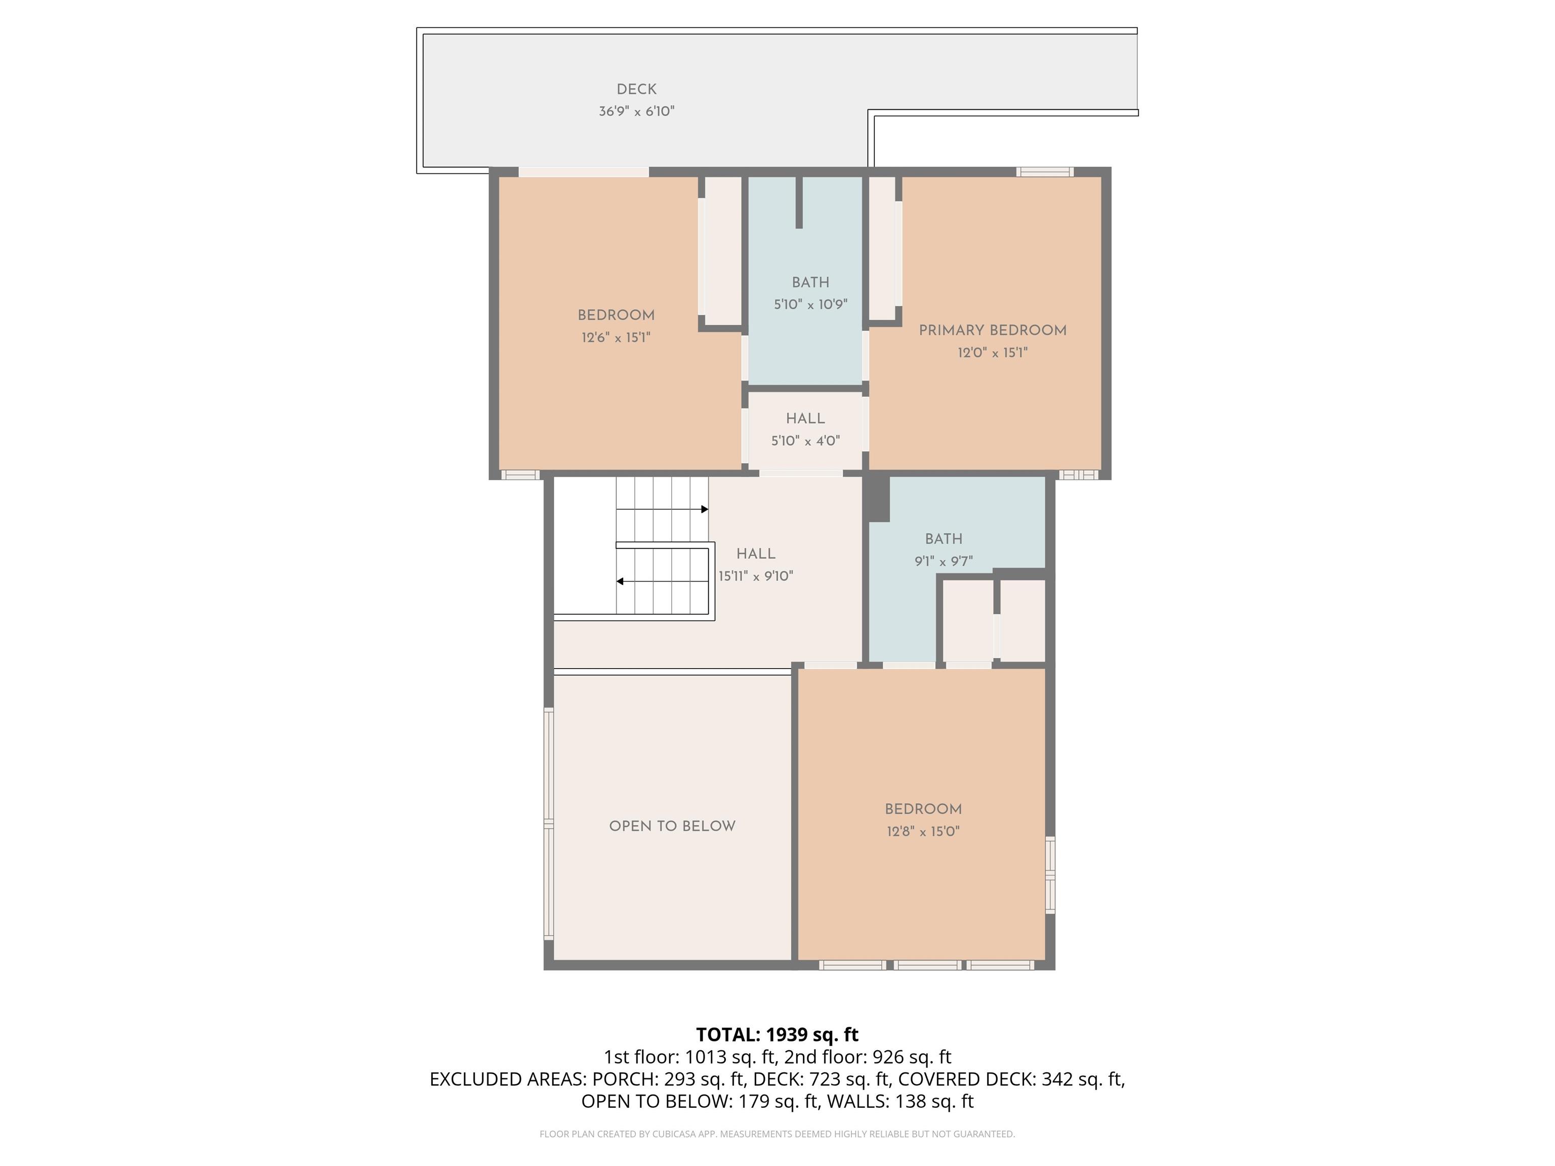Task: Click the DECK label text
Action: tap(636, 89)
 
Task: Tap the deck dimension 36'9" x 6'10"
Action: tap(636, 111)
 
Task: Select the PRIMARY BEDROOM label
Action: tap(993, 330)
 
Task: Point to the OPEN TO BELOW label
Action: tap(672, 826)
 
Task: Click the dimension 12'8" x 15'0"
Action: tap(923, 831)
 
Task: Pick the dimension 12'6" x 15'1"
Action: tap(616, 338)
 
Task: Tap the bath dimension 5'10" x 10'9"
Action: tap(810, 304)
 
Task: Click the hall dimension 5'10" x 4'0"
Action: tap(806, 441)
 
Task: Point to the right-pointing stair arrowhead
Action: tap(705, 509)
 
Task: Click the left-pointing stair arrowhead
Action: tap(620, 581)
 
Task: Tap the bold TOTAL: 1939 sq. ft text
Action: tap(777, 1034)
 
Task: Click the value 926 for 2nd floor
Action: tap(887, 1057)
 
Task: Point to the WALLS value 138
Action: tap(910, 1101)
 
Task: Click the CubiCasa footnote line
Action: tap(777, 1134)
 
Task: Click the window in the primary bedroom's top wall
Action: tap(1045, 172)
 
